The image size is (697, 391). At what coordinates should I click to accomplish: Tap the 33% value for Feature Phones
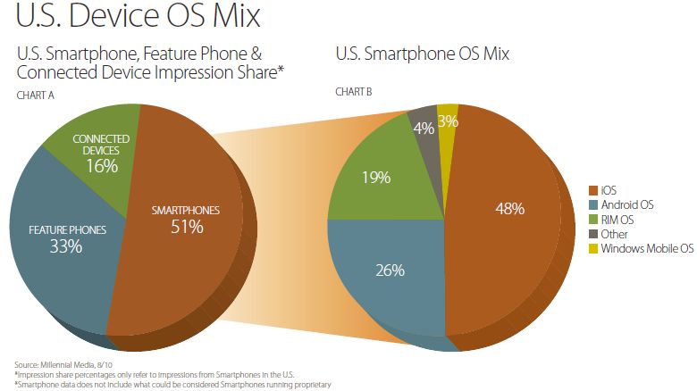coord(66,246)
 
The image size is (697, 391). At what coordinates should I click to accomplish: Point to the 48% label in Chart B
coord(509,208)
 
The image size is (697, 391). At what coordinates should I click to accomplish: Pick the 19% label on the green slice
coord(376,177)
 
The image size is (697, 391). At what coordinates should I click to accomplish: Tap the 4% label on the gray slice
coord(420,128)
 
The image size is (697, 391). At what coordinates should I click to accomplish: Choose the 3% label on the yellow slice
coord(449,121)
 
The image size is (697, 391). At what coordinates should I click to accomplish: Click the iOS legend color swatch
coord(592,190)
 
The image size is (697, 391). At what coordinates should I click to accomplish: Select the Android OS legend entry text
coord(628,204)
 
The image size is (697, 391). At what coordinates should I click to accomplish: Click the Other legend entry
coord(616,233)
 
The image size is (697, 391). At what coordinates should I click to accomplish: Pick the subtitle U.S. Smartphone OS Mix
coord(423,54)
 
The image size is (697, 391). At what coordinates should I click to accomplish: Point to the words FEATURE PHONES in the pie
coord(67,229)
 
